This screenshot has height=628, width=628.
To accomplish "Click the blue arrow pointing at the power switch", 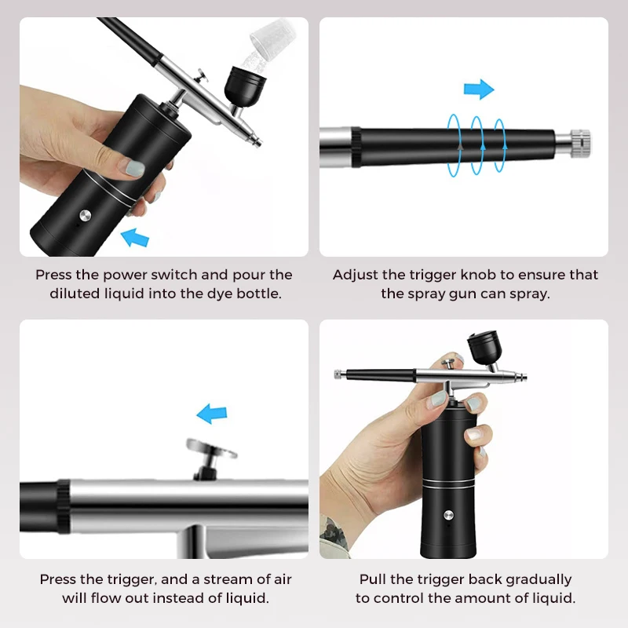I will (x=136, y=235).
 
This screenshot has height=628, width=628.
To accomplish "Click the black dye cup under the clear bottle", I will (x=242, y=82).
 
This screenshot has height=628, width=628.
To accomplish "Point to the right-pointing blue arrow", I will (x=479, y=89).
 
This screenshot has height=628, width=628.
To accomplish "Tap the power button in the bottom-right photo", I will (x=448, y=516).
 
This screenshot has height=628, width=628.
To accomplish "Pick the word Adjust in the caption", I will (x=355, y=275).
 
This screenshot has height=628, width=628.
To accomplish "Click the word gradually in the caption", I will (x=535, y=579).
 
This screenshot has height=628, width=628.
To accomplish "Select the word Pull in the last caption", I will (x=374, y=579).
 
